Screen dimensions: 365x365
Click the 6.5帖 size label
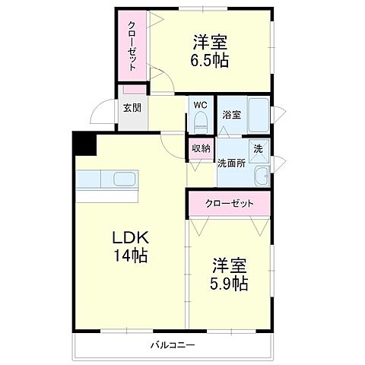(x=211, y=60)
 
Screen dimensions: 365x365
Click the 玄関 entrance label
(x=132, y=108)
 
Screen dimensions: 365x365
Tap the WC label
(x=200, y=105)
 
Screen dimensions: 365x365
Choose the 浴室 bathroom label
(x=231, y=115)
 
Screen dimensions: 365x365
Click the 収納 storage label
(x=201, y=149)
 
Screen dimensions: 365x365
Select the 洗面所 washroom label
(x=230, y=163)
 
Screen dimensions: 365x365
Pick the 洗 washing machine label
(x=258, y=149)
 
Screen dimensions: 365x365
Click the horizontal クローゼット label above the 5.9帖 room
(x=229, y=204)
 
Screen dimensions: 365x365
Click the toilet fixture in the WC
(x=201, y=122)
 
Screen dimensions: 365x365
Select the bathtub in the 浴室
(x=259, y=116)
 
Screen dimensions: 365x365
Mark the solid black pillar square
(x=81, y=144)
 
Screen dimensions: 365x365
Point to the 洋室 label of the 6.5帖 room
(x=211, y=43)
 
